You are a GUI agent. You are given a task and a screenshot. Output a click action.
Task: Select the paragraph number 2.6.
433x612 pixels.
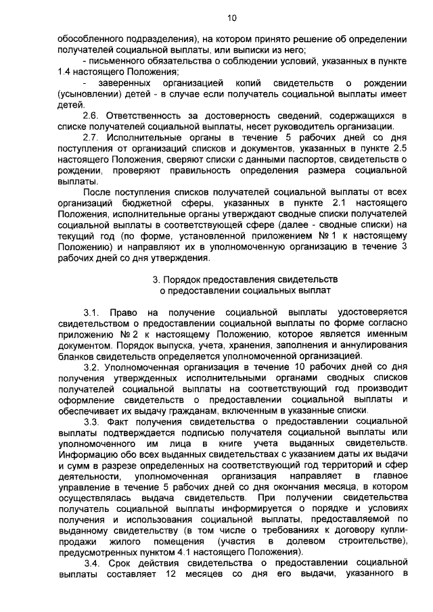pyautogui.click(x=91, y=116)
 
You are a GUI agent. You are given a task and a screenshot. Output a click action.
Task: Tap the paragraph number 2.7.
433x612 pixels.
pyautogui.click(x=91, y=137)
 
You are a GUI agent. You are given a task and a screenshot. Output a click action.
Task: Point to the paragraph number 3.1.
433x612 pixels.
pyautogui.click(x=91, y=312)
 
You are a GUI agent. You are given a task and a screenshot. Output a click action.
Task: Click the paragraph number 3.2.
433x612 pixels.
pyautogui.click(x=91, y=367)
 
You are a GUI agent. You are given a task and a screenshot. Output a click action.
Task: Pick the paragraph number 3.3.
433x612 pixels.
pyautogui.click(x=91, y=421)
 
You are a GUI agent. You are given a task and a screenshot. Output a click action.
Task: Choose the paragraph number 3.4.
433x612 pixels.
pyautogui.click(x=91, y=563)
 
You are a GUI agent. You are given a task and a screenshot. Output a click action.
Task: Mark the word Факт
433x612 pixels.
pyautogui.click(x=120, y=421)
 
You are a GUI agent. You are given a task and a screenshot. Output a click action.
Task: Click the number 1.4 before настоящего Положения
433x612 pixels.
pyautogui.click(x=66, y=72)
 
